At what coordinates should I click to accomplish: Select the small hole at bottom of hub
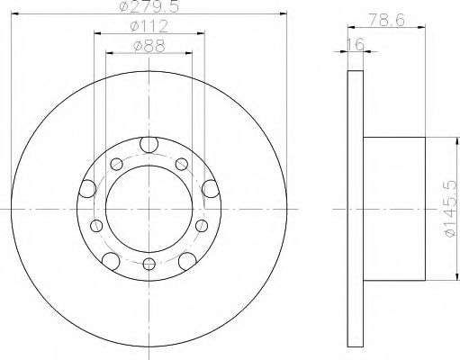(x=149, y=264)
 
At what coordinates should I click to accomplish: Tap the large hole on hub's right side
(x=211, y=187)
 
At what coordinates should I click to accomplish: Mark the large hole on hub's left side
(x=87, y=187)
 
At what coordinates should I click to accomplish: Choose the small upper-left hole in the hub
(x=116, y=164)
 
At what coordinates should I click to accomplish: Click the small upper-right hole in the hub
(x=181, y=164)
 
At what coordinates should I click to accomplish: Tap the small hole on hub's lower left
(x=95, y=225)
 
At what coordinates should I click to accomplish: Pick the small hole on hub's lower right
(x=202, y=225)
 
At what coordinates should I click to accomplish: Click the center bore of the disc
(x=149, y=205)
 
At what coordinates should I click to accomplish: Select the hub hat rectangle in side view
(x=393, y=205)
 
